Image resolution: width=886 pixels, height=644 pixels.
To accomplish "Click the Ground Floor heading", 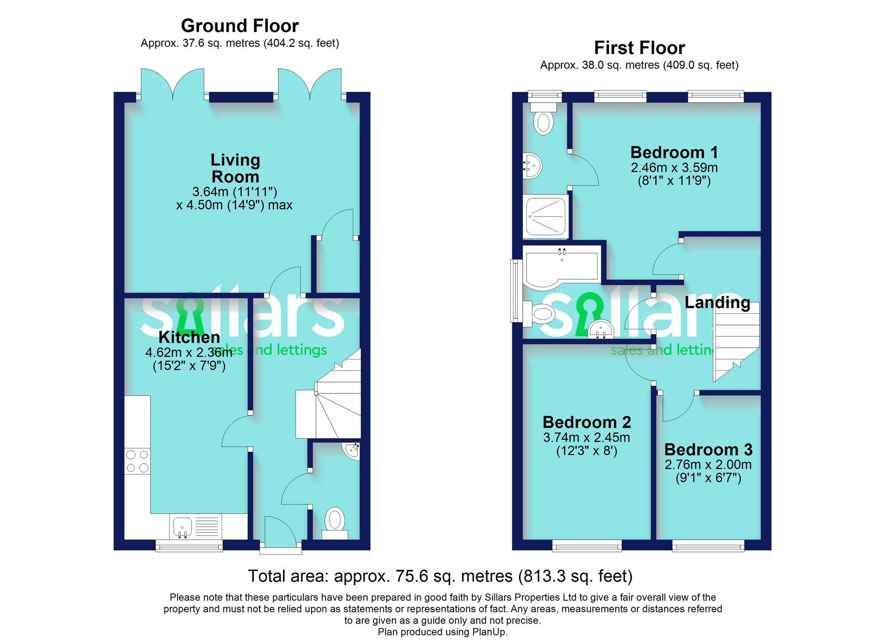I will pyautogui.click(x=240, y=26).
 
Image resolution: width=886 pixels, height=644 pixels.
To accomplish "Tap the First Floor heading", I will pyautogui.click(x=639, y=47).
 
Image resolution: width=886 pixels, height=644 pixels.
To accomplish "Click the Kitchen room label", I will pyautogui.click(x=189, y=337).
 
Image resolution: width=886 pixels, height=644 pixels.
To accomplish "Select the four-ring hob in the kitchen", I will pyautogui.click(x=137, y=461).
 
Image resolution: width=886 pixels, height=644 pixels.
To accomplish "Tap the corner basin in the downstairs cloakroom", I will pyautogui.click(x=353, y=451).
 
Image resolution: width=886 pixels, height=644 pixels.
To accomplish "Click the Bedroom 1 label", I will pyautogui.click(x=674, y=152).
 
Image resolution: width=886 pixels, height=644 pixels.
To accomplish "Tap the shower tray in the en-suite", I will pyautogui.click(x=545, y=216).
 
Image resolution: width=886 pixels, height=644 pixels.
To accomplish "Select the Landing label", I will pyautogui.click(x=717, y=302).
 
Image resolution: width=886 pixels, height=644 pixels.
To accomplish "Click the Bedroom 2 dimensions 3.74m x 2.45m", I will pyautogui.click(x=586, y=437).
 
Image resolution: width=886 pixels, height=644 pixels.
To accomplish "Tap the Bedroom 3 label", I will pyautogui.click(x=708, y=450).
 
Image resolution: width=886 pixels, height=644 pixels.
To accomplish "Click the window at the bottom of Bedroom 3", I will pyautogui.click(x=708, y=546).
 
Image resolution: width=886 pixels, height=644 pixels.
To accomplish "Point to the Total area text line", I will pyautogui.click(x=440, y=576).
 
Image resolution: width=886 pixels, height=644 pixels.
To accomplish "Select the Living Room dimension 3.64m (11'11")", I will pyautogui.click(x=234, y=192).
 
